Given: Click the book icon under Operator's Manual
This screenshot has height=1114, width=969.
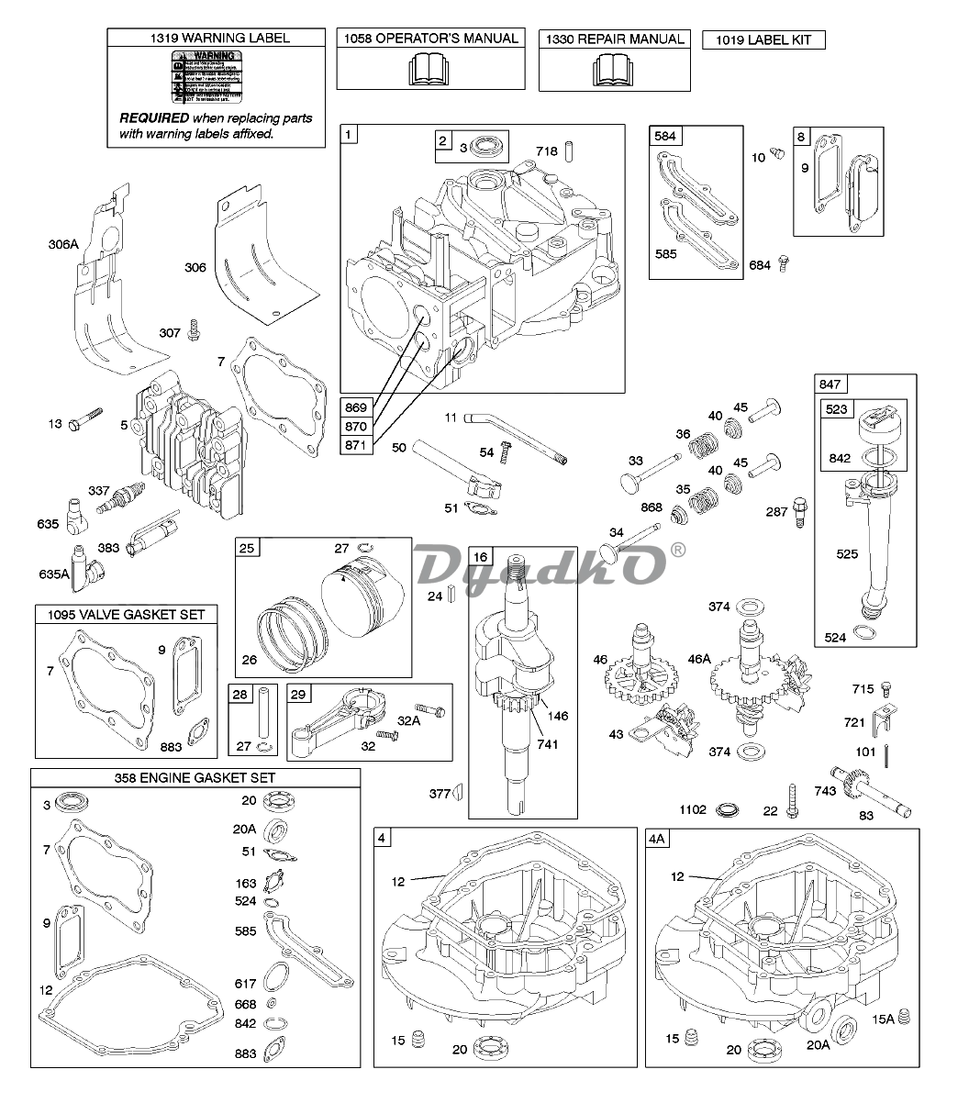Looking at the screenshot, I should (429, 69).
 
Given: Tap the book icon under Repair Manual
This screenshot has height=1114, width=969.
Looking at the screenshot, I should (614, 69).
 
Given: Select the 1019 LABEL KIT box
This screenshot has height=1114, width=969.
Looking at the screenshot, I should (763, 39).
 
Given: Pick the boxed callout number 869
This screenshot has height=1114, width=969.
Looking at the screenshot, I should (355, 407).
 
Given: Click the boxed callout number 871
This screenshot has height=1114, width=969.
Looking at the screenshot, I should (355, 445).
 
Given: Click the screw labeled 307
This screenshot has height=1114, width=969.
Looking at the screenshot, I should (194, 329).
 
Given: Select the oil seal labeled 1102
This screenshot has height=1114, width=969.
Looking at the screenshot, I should (727, 810).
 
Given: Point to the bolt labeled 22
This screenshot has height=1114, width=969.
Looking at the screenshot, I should (793, 800).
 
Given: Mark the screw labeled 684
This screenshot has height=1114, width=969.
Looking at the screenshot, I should (785, 264).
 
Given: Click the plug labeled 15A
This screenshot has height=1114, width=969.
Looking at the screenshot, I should (903, 1016).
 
